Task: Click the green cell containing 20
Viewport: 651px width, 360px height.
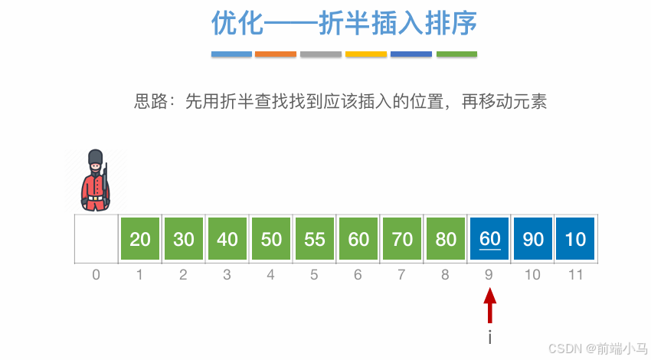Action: coord(140,239)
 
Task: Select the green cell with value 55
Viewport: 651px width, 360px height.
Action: coord(315,239)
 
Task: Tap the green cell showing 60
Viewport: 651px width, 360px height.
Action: coord(358,239)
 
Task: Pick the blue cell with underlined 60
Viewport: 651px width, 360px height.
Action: coord(489,239)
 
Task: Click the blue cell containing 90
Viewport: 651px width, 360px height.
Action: coord(533,239)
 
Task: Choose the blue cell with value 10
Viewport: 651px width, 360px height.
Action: coord(575,239)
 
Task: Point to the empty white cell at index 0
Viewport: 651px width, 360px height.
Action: coord(97,239)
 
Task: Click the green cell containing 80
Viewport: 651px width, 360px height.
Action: coord(446,239)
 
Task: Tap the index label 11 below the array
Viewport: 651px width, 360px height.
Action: coord(575,274)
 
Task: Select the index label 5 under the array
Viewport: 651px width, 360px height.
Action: coord(315,274)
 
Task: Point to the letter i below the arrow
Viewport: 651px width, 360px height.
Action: coord(489,337)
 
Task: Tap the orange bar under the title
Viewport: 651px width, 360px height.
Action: coord(276,54)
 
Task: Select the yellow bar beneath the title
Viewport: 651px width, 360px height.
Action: coord(366,54)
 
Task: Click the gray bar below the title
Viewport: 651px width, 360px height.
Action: coord(321,54)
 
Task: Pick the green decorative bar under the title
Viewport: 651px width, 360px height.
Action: coord(456,54)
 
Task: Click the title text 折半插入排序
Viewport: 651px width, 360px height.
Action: coord(398,24)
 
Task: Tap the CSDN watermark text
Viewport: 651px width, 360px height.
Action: coord(597,348)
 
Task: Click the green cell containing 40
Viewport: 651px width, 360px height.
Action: coord(227,239)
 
